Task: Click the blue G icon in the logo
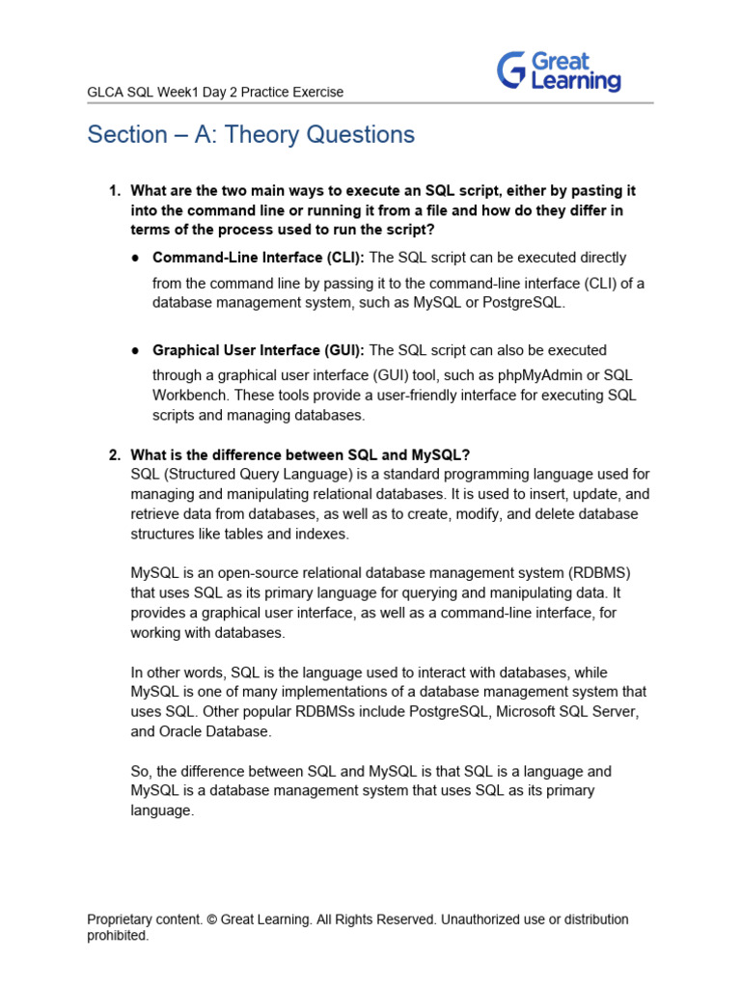[x=511, y=71]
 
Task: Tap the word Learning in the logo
[x=576, y=82]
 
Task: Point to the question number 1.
[x=113, y=191]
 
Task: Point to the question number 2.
[x=113, y=455]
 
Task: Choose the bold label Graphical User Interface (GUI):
[x=259, y=350]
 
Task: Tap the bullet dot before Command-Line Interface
[x=137, y=259]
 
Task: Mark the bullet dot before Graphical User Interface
[x=137, y=351]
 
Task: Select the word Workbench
[x=189, y=396]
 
